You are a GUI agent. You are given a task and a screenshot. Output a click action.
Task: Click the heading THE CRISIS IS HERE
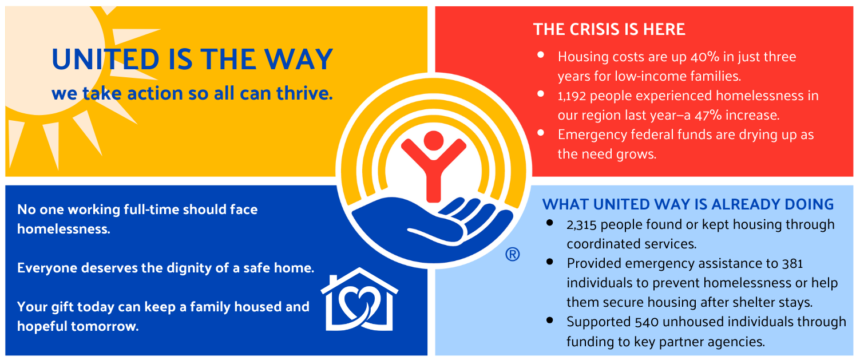point(609,30)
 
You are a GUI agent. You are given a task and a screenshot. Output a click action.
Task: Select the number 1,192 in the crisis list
point(572,96)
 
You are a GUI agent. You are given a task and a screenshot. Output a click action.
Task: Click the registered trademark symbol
point(513,254)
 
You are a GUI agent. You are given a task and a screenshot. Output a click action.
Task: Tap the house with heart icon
point(359,299)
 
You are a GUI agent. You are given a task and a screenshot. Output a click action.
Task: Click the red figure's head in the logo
point(434,141)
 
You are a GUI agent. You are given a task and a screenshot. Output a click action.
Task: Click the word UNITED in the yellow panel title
point(105,60)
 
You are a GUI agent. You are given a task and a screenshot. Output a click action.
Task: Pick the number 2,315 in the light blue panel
point(581,225)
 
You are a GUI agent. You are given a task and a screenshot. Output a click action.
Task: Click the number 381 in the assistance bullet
point(791,264)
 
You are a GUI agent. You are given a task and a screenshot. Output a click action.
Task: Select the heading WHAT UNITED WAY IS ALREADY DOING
point(688,204)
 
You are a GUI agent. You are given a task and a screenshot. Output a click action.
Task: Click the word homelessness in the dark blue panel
point(64,229)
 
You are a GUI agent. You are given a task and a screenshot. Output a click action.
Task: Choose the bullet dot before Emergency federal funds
point(541,133)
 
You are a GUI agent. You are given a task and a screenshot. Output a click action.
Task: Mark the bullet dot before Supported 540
point(550,320)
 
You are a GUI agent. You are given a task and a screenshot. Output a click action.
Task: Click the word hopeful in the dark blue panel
point(42,327)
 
